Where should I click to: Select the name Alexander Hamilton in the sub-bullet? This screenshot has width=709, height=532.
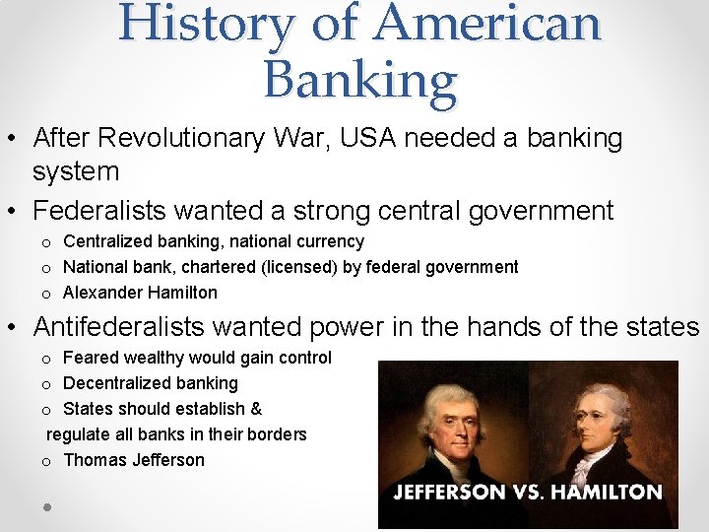coord(140,293)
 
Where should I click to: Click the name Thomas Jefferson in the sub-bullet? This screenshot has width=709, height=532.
coord(134,460)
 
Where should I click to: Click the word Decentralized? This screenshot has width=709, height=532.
coord(123,383)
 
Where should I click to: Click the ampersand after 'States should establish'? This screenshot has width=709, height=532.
coord(256,409)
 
